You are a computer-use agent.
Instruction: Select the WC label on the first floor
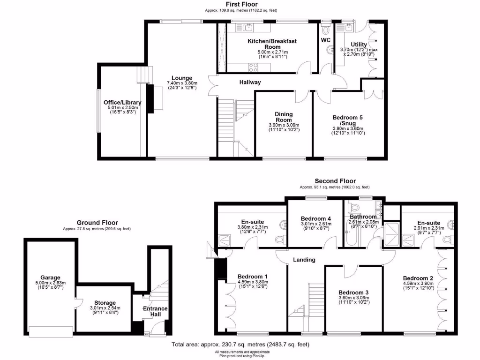click(326, 40)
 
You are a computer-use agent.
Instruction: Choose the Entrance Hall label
click(156, 311)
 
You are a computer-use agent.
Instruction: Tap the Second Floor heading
click(335, 181)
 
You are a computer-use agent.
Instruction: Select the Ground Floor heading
click(97, 223)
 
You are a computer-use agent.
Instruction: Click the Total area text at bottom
click(240, 345)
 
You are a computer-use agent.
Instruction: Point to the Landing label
click(304, 260)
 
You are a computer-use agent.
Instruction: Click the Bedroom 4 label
click(316, 218)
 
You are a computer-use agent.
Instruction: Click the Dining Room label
click(283, 117)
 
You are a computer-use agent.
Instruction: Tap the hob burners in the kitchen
click(253, 67)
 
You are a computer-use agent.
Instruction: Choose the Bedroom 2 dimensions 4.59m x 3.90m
click(418, 284)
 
